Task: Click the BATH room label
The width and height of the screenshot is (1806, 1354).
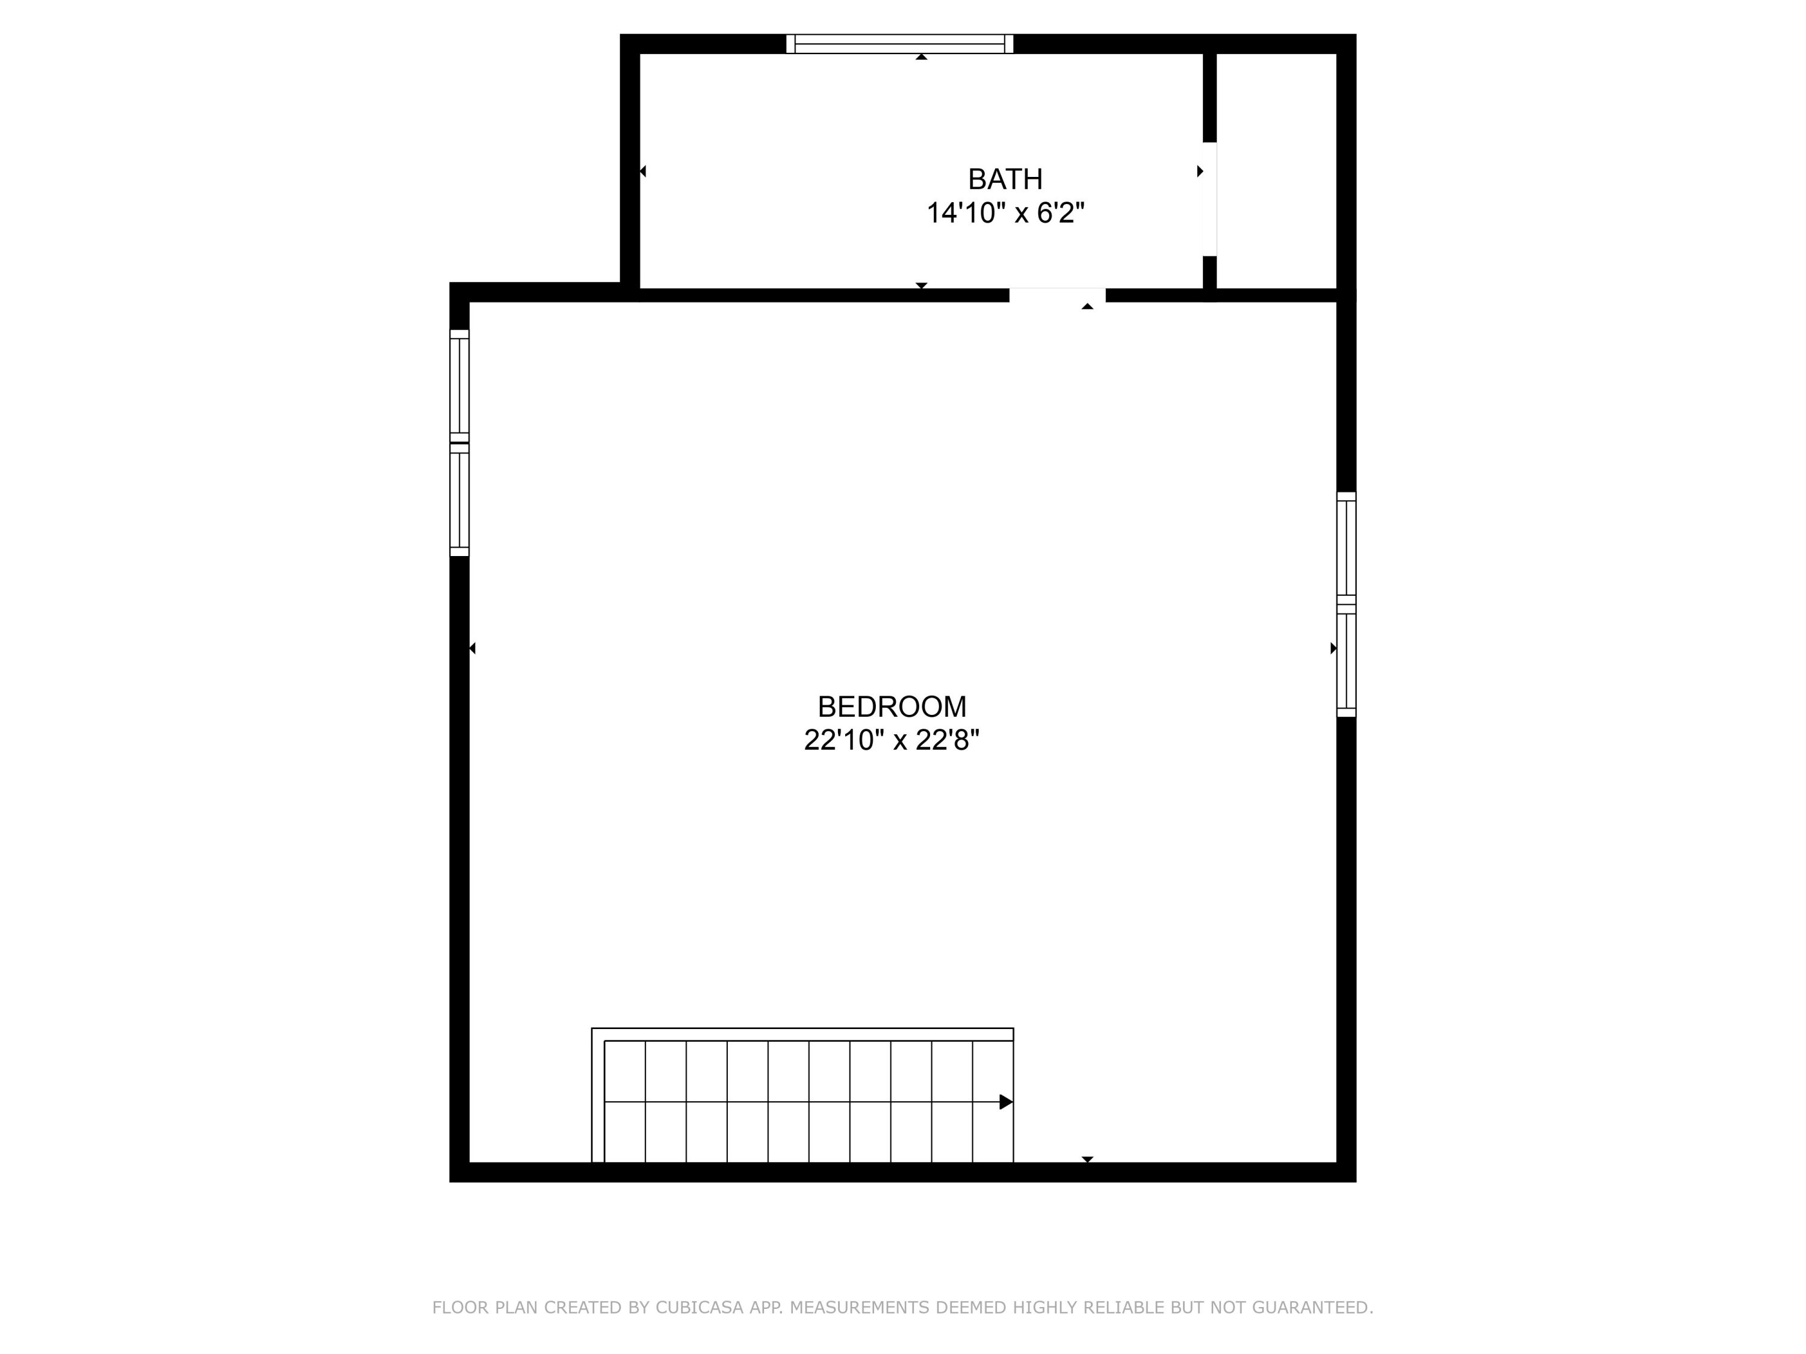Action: tap(1005, 179)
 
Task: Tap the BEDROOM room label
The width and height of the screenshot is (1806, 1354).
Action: tap(892, 706)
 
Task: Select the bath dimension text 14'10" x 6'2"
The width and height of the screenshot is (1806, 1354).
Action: tap(1005, 213)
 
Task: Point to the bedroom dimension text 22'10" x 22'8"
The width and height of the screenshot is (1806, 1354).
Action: tap(892, 740)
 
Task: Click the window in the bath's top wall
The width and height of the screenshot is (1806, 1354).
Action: tap(900, 44)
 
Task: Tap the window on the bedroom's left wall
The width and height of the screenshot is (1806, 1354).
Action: tap(460, 443)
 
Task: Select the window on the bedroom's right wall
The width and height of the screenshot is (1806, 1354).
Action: tap(1346, 605)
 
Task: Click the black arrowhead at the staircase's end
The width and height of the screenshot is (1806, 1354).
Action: tap(1006, 1102)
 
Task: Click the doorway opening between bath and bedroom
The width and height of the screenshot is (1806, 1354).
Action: tap(1057, 295)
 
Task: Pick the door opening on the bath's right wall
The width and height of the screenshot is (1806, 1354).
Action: tap(1209, 199)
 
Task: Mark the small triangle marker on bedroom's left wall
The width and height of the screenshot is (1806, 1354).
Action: tap(472, 649)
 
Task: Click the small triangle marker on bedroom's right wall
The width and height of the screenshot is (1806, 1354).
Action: tap(1333, 649)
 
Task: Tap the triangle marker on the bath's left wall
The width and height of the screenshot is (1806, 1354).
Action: tap(642, 172)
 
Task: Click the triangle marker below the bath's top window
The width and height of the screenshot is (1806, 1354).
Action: tap(922, 57)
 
